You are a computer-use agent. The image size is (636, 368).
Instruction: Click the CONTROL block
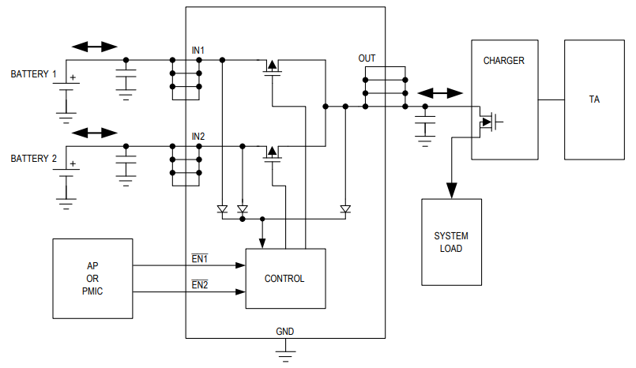pyautogui.click(x=285, y=279)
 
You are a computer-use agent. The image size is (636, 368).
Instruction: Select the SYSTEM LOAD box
pyautogui.click(x=450, y=242)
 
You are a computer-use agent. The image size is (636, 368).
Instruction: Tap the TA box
pyautogui.click(x=594, y=100)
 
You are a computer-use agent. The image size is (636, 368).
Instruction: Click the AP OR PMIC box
pyautogui.click(x=92, y=279)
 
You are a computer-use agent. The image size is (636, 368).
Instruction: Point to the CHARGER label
pyautogui.click(x=503, y=61)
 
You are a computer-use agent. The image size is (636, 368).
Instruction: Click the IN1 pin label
pyautogui.click(x=198, y=51)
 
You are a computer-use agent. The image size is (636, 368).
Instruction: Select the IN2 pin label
pyautogui.click(x=198, y=137)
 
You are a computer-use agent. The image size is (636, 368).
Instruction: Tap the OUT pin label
pyautogui.click(x=367, y=58)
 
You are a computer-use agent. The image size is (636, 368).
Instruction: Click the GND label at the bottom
pyautogui.click(x=284, y=331)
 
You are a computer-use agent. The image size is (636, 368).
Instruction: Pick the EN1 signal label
pyautogui.click(x=199, y=258)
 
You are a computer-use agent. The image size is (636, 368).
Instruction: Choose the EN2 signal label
pyautogui.click(x=199, y=284)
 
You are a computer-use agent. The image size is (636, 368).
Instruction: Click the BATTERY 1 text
pyautogui.click(x=33, y=74)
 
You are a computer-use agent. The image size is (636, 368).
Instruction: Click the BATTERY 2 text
pyautogui.click(x=33, y=159)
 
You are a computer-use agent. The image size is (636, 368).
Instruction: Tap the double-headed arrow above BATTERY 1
pyautogui.click(x=94, y=47)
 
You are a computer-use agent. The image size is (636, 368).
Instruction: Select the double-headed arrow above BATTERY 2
pyautogui.click(x=94, y=132)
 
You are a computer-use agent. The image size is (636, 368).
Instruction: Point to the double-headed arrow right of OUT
pyautogui.click(x=440, y=93)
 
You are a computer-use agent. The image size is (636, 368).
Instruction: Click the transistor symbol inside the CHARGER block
pyautogui.click(x=491, y=122)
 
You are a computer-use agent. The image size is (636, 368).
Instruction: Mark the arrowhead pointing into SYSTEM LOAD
pyautogui.click(x=451, y=190)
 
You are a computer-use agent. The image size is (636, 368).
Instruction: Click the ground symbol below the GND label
pyautogui.click(x=284, y=351)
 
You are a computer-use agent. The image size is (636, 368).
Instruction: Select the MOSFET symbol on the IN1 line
pyautogui.click(x=273, y=67)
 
